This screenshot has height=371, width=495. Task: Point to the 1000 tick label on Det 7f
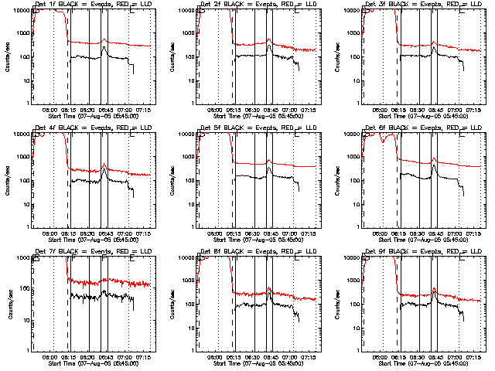pos(25,257)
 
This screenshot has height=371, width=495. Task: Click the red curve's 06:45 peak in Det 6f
pos(434,158)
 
